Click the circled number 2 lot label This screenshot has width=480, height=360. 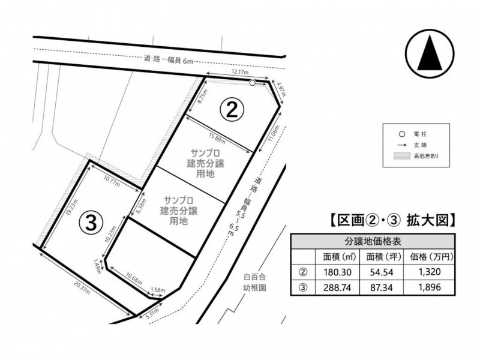tap(232, 110)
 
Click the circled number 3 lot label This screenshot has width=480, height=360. tap(91, 223)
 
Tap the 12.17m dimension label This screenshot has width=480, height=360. tap(239, 72)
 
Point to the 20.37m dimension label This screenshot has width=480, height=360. tap(82, 287)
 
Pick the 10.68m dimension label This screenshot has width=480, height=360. tap(134, 278)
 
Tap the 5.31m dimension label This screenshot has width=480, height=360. tap(152, 313)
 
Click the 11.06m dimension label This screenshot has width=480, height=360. tap(274, 133)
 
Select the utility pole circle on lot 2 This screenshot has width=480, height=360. tap(252, 83)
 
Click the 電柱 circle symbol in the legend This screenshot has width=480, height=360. tap(402, 134)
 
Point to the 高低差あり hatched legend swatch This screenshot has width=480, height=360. tap(401, 156)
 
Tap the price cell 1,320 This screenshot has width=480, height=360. tap(430, 272)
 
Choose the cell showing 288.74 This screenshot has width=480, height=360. tap(337, 287)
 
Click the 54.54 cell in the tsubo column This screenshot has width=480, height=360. tap(382, 272)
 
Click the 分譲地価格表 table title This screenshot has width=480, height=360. tap(373, 242)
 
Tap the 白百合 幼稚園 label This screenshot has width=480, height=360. tap(254, 283)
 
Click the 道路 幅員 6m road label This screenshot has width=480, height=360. tap(169, 59)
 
